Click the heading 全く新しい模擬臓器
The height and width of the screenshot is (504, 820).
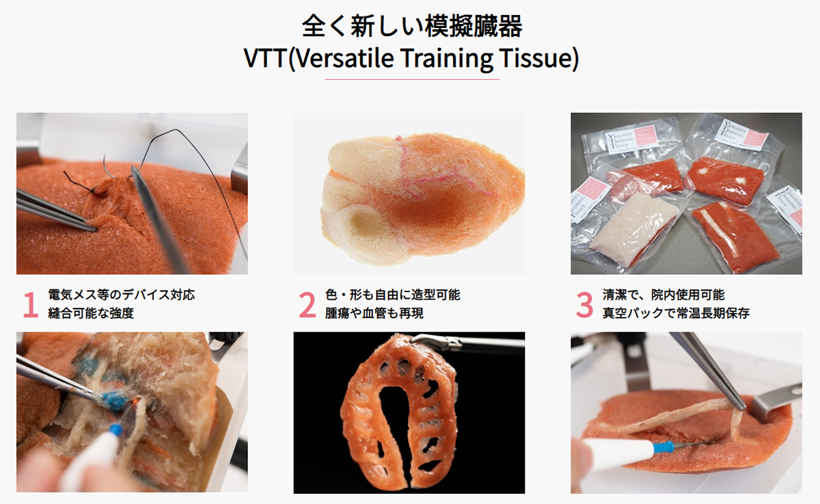point(411,26)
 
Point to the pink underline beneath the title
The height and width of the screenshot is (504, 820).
point(411,79)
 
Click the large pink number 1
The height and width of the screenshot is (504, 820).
point(30,306)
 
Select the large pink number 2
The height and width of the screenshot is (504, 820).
point(307,306)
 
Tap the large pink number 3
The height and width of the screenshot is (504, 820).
point(584,306)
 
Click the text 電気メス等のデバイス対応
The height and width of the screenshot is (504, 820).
point(122,295)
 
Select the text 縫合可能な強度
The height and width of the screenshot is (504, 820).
point(92,314)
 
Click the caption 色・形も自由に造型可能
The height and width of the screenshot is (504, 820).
point(392,295)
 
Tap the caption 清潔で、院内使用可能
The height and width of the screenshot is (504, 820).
point(664,295)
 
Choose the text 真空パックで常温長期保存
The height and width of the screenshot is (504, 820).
point(676,314)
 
